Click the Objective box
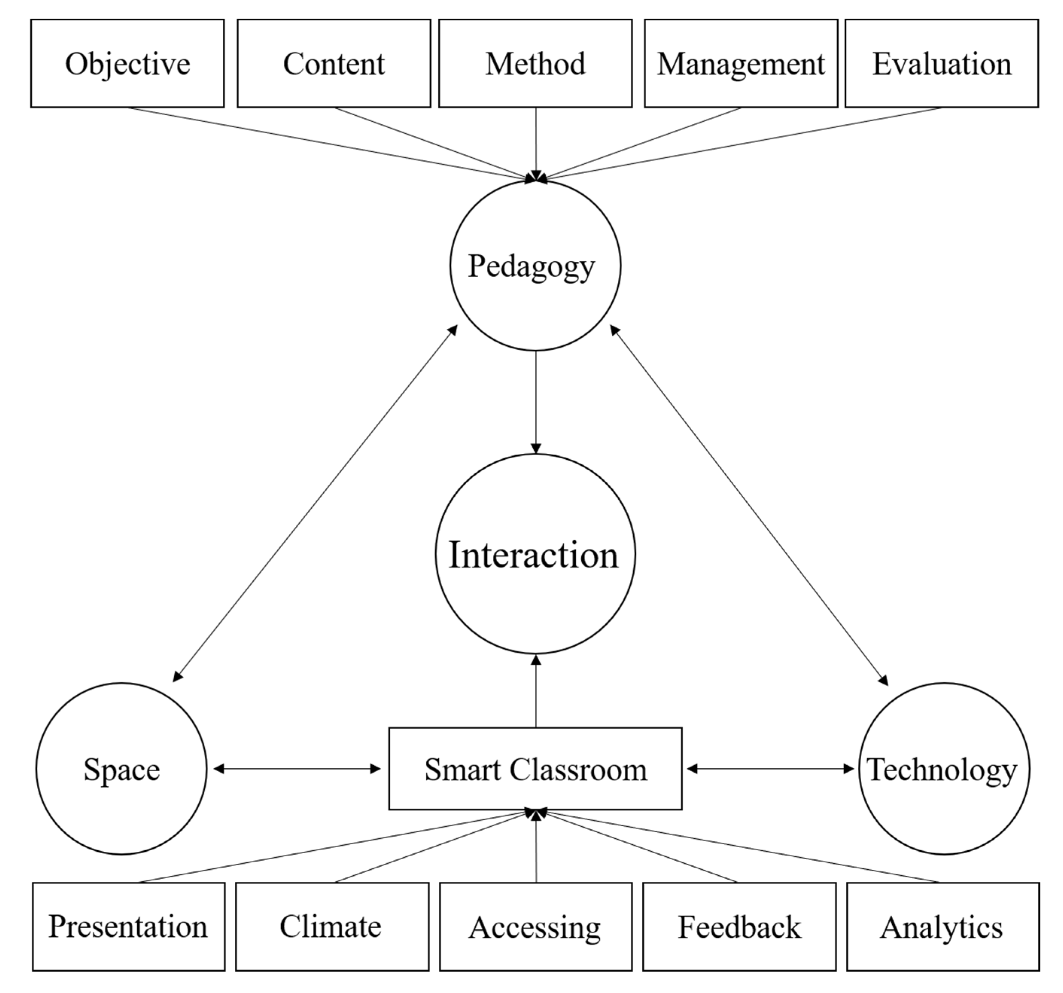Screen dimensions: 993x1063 [127, 64]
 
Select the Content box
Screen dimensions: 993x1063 [334, 64]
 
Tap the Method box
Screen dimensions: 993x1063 [535, 64]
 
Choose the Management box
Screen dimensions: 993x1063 [741, 64]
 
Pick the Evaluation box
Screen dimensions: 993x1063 [941, 64]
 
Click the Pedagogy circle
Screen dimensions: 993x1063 [535, 265]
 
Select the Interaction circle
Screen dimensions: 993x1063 [535, 554]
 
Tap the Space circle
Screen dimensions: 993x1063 [122, 769]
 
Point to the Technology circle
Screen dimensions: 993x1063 [944, 769]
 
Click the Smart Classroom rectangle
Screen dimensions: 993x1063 [535, 769]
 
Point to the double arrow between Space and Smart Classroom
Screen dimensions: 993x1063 [297, 769]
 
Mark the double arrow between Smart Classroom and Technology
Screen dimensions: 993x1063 [770, 769]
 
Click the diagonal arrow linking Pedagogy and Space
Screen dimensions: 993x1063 [315, 503]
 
